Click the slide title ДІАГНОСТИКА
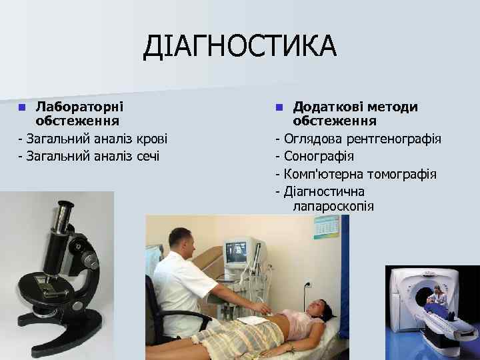[x=241, y=46]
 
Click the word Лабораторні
[x=79, y=106]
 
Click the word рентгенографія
[x=395, y=139]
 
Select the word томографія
[x=403, y=175]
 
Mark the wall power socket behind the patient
[x=307, y=283]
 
